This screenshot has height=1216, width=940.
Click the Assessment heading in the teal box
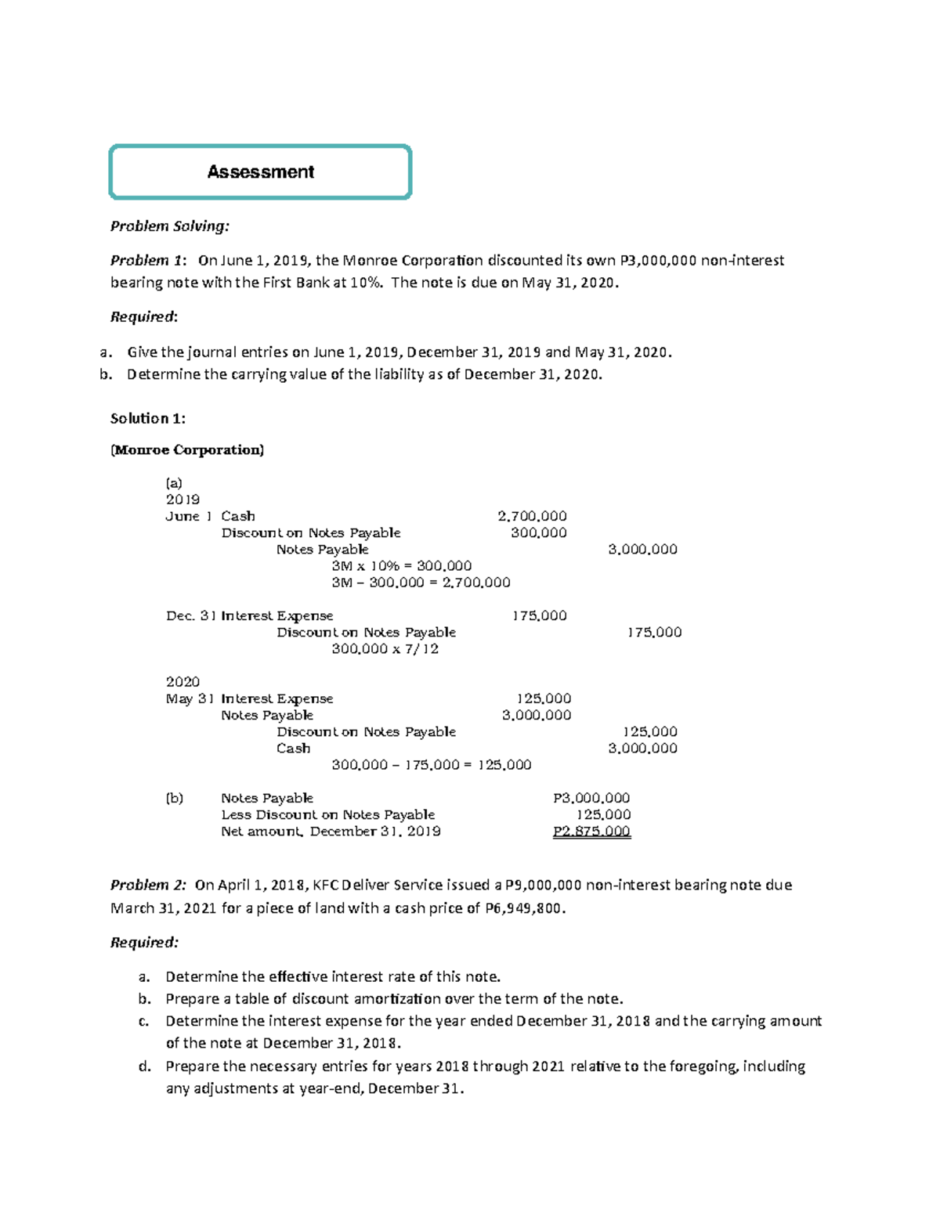coord(260,172)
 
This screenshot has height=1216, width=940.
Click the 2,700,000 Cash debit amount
coord(532,516)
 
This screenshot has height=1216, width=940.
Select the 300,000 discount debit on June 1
coord(538,532)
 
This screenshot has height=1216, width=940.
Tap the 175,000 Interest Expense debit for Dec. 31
coord(539,615)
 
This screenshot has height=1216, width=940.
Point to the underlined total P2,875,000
coord(591,832)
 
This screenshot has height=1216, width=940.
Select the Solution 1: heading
coord(148,418)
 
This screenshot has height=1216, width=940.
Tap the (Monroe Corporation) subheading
coord(187,449)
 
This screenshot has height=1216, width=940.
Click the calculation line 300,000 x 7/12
coord(385,649)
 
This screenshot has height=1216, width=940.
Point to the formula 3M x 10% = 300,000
coord(401,565)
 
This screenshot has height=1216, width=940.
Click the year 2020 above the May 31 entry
coord(183,681)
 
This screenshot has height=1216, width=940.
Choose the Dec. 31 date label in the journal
coord(190,615)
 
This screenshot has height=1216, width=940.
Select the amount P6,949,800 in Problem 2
coord(524,908)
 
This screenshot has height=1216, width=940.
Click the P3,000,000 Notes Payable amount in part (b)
coord(591,798)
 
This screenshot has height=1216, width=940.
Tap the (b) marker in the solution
coord(174,798)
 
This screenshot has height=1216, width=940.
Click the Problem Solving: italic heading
coord(169,226)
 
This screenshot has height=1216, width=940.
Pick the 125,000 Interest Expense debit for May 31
coord(544,698)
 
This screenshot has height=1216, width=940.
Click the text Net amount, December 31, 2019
coord(331,832)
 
